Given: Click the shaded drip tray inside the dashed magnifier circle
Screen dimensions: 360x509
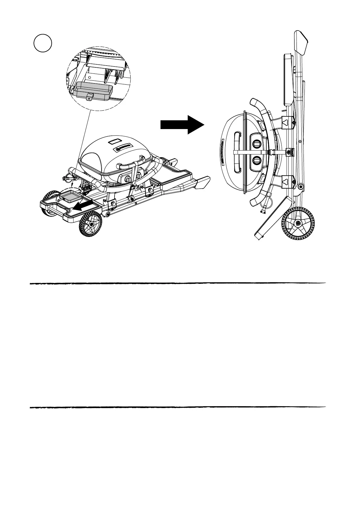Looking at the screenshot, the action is point(94,91).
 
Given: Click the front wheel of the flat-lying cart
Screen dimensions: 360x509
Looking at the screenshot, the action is point(90,224).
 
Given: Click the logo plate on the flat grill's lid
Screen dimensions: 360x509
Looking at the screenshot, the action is point(124,148).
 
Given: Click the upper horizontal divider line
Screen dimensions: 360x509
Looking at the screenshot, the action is point(178,284).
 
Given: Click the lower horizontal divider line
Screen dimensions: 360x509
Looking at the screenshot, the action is point(178,407).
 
